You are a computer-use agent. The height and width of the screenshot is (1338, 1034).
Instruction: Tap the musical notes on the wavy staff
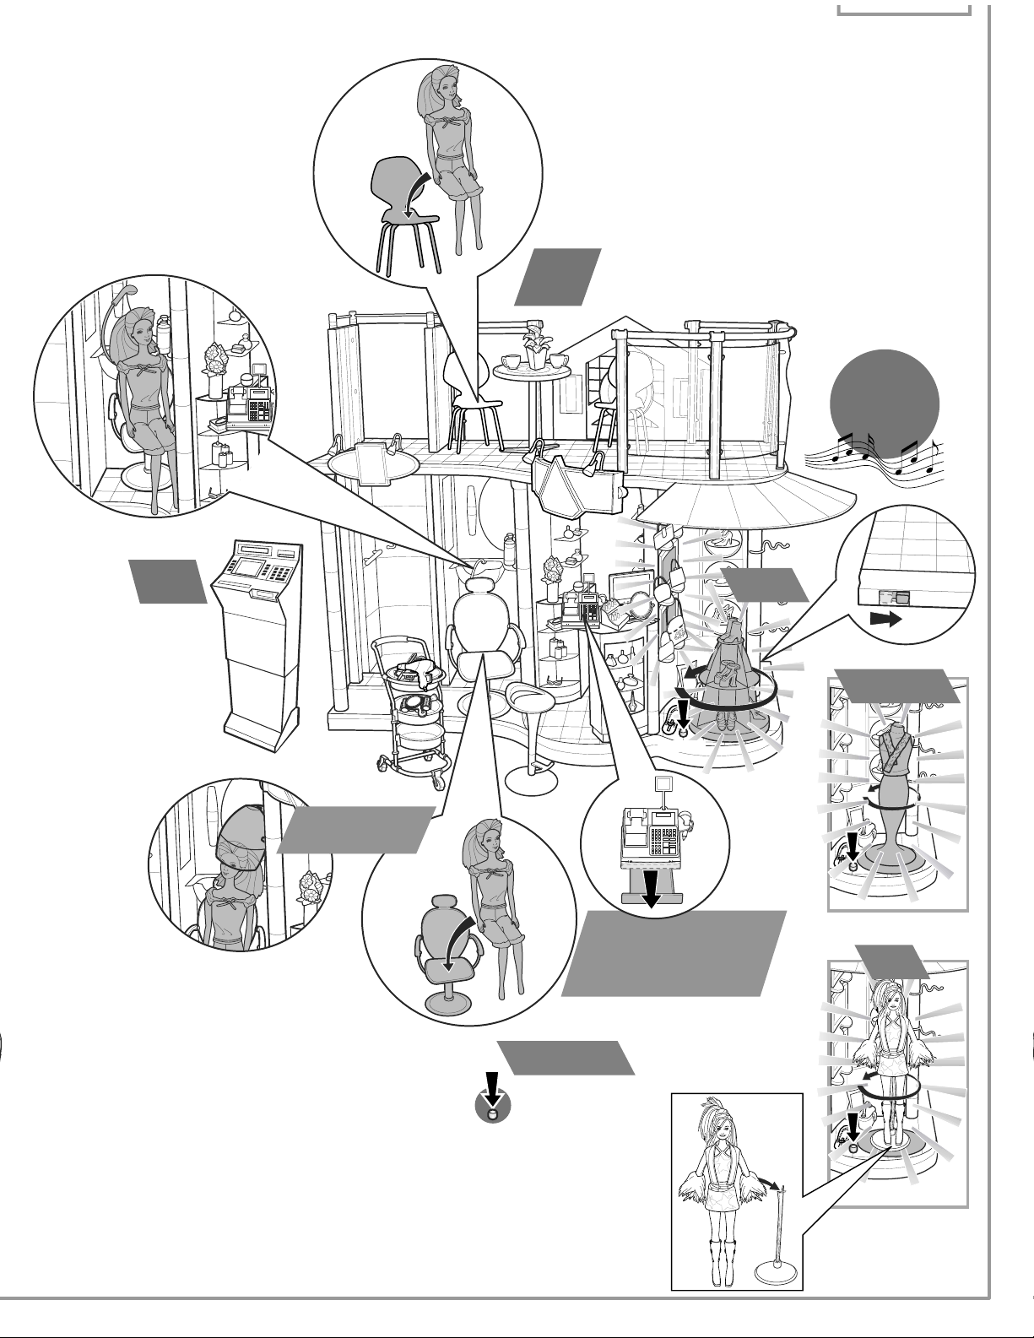(x=878, y=456)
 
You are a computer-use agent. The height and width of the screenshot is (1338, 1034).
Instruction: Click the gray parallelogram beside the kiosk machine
(x=168, y=581)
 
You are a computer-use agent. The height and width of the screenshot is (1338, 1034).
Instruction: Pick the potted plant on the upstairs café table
(x=535, y=346)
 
